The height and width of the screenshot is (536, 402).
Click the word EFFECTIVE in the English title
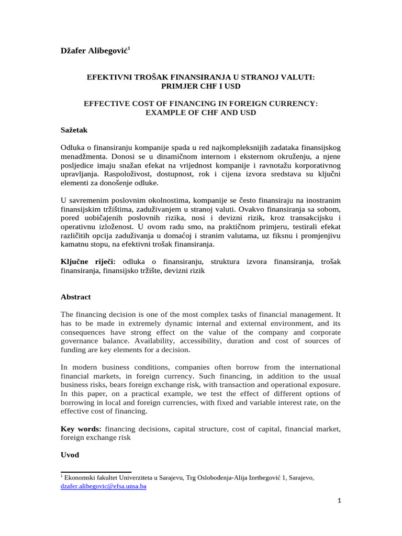tap(105, 104)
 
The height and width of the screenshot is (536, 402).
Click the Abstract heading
tap(76, 297)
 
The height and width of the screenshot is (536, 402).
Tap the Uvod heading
tap(70, 455)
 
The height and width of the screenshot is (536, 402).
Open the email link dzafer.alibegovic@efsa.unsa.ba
tap(103, 486)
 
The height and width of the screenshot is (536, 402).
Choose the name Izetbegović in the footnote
tap(270, 477)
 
